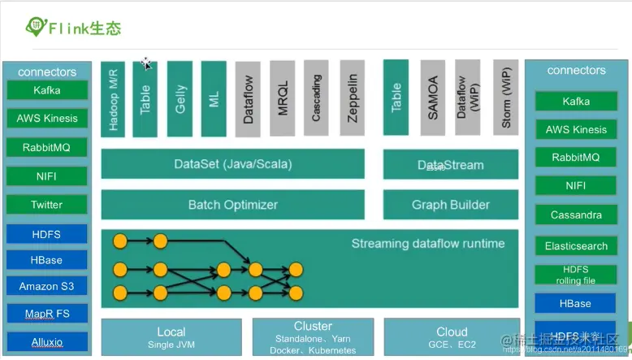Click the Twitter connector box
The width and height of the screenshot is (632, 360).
(x=46, y=205)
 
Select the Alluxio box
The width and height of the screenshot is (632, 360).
(x=46, y=340)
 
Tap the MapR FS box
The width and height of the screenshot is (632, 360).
(x=46, y=313)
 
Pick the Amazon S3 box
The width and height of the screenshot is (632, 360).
(x=46, y=286)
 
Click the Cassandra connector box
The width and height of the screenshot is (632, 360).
(x=576, y=215)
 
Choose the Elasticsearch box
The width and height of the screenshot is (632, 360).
(x=576, y=245)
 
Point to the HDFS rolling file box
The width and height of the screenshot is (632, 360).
(x=576, y=275)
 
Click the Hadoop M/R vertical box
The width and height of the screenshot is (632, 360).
(x=113, y=98)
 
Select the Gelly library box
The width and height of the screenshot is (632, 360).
(x=180, y=98)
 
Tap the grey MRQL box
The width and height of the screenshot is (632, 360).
(x=283, y=98)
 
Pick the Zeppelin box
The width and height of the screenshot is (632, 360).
(x=352, y=98)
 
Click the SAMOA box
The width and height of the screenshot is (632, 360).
(x=433, y=98)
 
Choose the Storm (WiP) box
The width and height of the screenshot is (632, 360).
(x=504, y=98)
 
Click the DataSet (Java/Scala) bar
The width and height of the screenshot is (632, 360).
(x=233, y=164)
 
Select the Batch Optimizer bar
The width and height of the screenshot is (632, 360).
(x=233, y=205)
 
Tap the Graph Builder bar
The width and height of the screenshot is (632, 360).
(x=450, y=205)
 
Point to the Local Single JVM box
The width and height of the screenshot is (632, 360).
(x=171, y=337)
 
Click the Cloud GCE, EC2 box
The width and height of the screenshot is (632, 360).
(x=451, y=337)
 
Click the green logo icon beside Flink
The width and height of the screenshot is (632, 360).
(x=36, y=27)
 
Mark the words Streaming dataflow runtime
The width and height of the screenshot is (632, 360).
(x=427, y=244)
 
